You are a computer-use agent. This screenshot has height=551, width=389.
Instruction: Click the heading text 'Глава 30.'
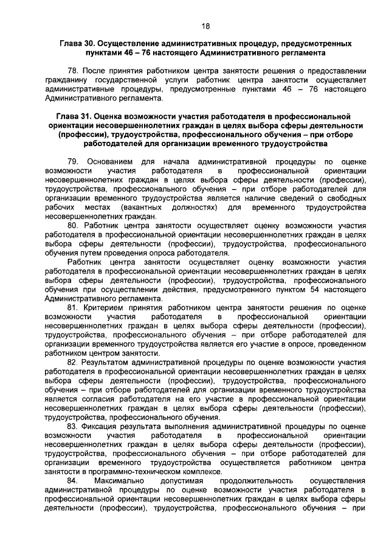[78, 45]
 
